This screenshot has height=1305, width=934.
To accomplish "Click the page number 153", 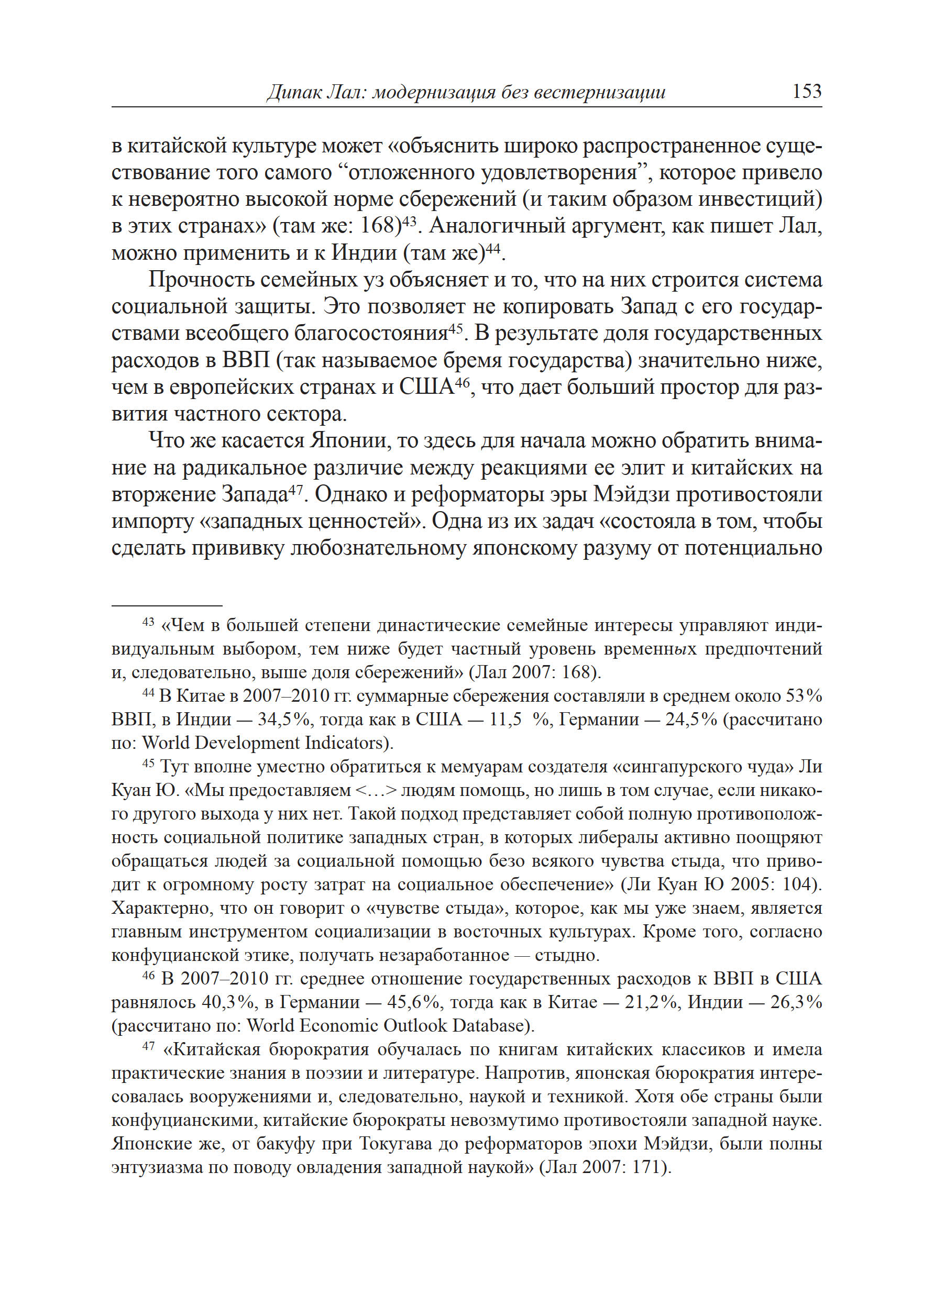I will (x=806, y=92).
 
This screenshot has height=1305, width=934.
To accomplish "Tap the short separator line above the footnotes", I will (x=167, y=605).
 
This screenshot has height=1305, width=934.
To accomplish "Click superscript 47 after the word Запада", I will (x=295, y=489).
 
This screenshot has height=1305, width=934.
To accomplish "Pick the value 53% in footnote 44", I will (x=804, y=695).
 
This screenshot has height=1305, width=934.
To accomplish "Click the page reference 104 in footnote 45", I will (x=799, y=884).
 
